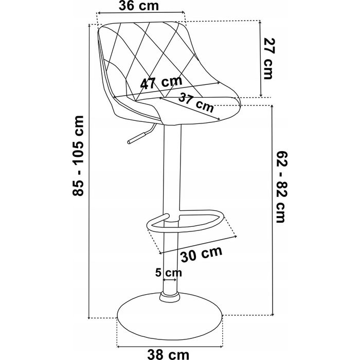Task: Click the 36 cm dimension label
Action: coord(139,6)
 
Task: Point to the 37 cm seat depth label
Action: coord(196,103)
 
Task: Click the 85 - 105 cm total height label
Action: coord(78,156)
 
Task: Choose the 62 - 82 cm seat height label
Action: coord(281,187)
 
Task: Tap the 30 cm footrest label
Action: coord(202,254)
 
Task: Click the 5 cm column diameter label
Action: coord(169,273)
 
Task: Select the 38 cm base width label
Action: coord(168,355)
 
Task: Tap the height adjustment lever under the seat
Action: coord(141,134)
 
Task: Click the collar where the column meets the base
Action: coord(169,297)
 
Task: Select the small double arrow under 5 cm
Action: coord(170,280)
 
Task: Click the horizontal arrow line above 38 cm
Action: coord(170,346)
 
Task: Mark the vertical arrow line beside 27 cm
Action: coord(260,59)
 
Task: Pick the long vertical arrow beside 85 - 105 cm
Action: coord(89,171)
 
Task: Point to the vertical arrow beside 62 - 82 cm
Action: coord(272,210)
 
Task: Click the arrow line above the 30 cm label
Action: coord(198,244)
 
